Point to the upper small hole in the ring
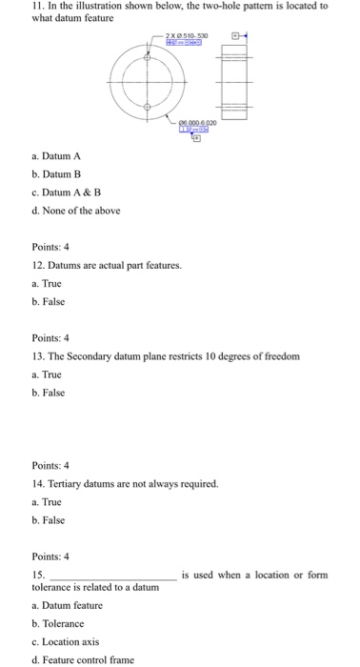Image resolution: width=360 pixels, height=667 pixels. tap(147, 51)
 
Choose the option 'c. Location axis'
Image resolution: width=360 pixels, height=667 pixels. tap(67, 640)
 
